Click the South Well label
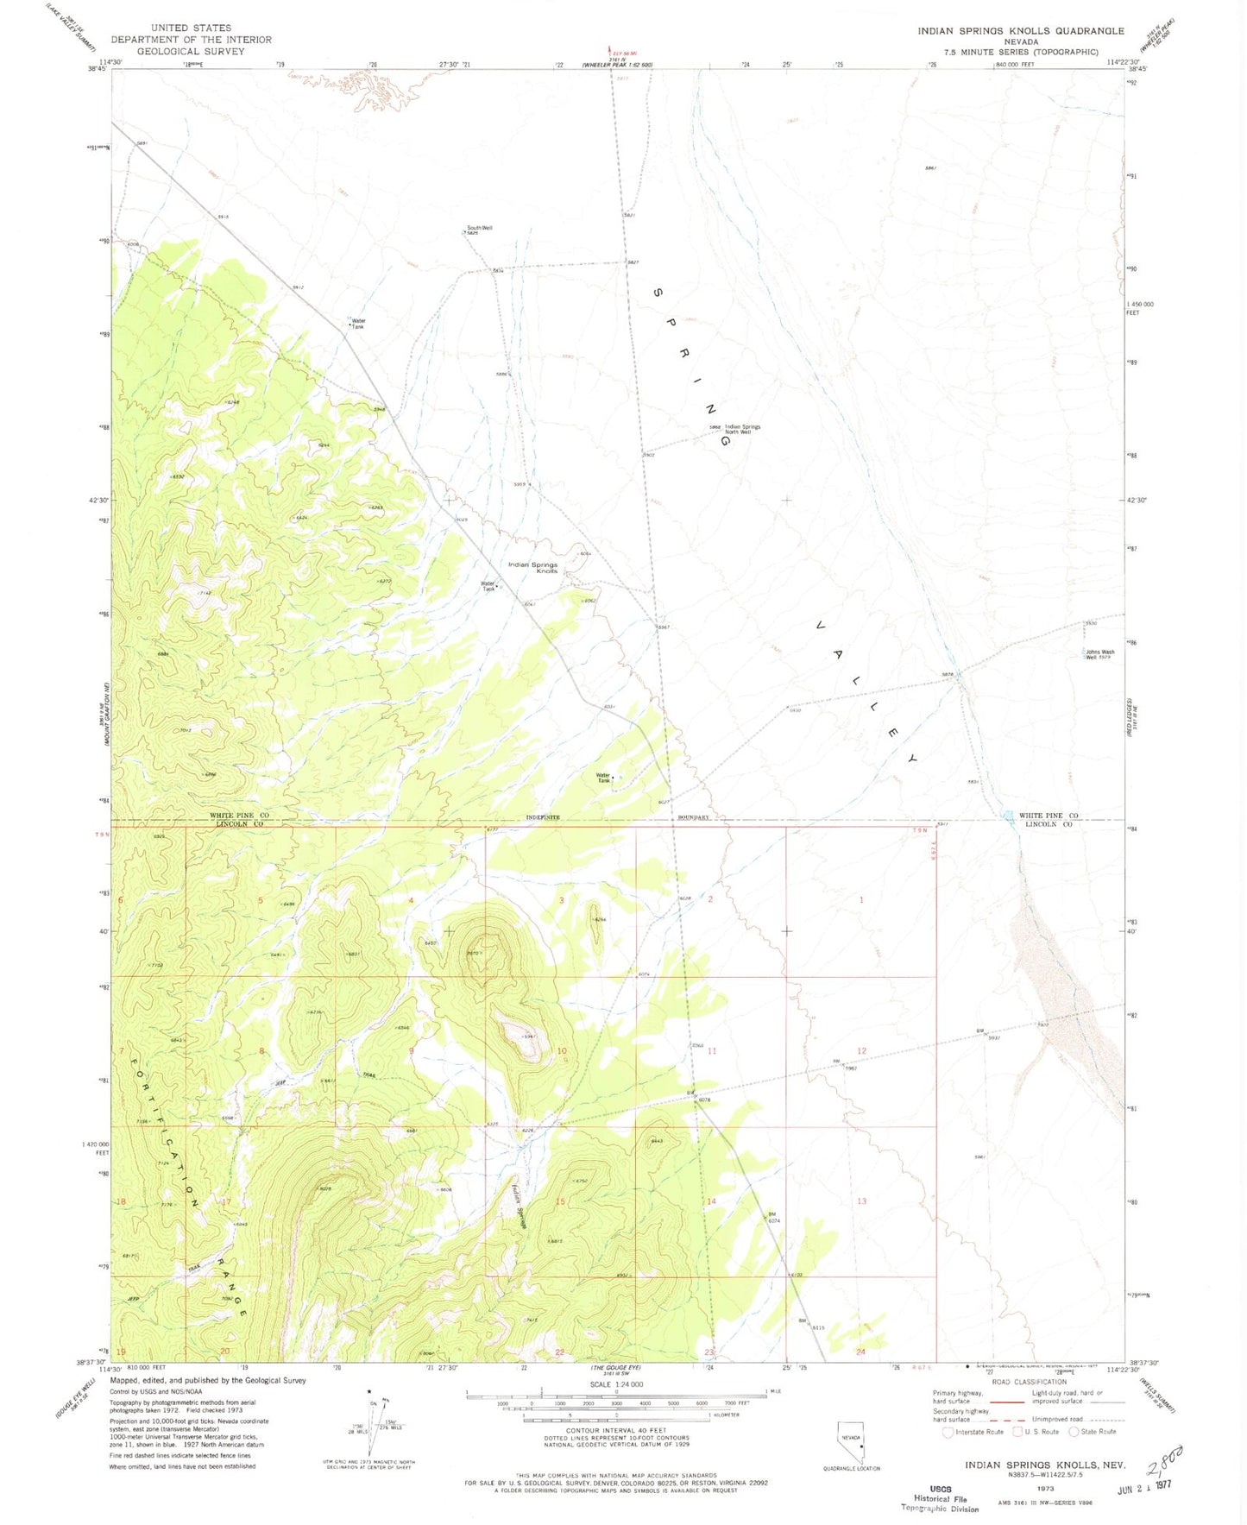pyautogui.click(x=479, y=228)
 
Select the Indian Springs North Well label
pyautogui.click(x=742, y=428)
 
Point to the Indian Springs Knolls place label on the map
pyautogui.click(x=532, y=567)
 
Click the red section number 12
pyautogui.click(x=860, y=1050)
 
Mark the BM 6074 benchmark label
pyautogui.click(x=774, y=1218)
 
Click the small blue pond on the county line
pyautogui.click(x=1007, y=815)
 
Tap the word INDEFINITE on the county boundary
pyautogui.click(x=543, y=816)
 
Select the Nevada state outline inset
pyautogui.click(x=851, y=1445)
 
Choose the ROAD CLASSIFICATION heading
pyautogui.click(x=1028, y=1382)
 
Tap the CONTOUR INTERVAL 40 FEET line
pyautogui.click(x=615, y=1430)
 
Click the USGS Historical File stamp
pyautogui.click(x=940, y=1498)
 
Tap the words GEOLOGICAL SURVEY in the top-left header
pyautogui.click(x=191, y=51)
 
